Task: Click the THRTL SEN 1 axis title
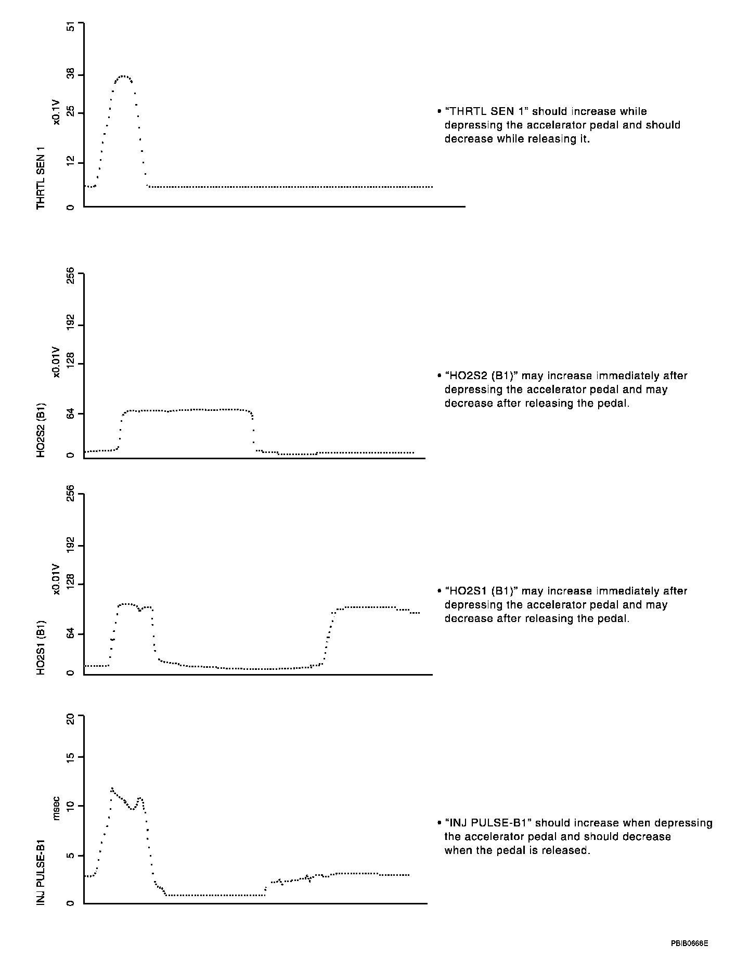[41, 178]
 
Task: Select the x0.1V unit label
[56, 112]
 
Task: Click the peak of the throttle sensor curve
[123, 76]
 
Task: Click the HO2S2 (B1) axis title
[41, 430]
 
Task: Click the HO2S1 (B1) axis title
[41, 648]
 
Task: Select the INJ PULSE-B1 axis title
[41, 871]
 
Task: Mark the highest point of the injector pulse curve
[112, 788]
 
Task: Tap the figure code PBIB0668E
[689, 942]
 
